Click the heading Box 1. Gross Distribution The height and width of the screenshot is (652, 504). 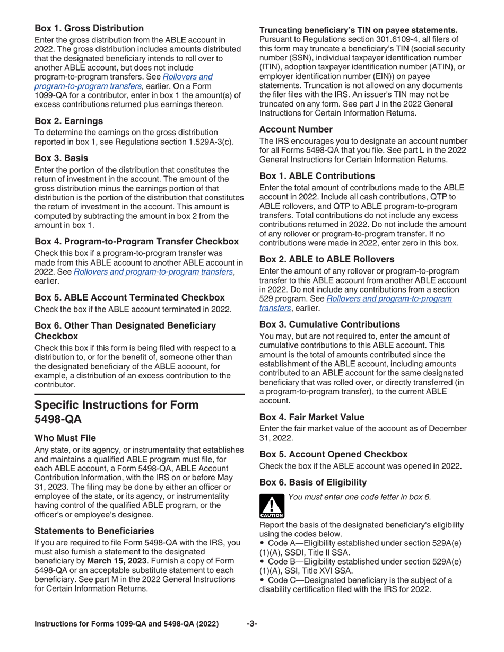pyautogui.click(x=89, y=28)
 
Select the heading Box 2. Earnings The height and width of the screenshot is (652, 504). pyautogui.click(x=68, y=121)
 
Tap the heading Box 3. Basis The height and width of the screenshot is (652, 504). pyautogui.click(x=61, y=158)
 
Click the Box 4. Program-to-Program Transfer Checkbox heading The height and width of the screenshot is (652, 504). pyautogui.click(x=136, y=242)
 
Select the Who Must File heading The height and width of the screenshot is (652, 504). pyautogui.click(x=65, y=438)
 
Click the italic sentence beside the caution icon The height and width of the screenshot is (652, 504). pyautogui.click(x=359, y=497)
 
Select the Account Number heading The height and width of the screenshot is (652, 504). pyautogui.click(x=296, y=129)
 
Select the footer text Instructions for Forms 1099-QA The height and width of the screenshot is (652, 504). pyautogui.click(x=126, y=624)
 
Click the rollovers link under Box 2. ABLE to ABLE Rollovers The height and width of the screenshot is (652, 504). pyautogui.click(x=389, y=298)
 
